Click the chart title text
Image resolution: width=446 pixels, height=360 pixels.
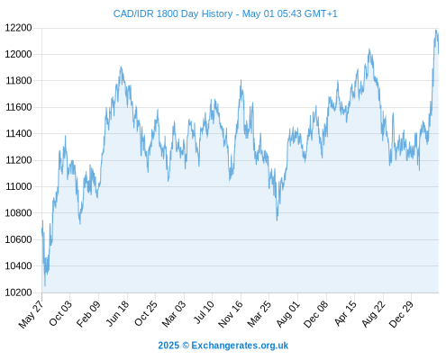[x=225, y=13]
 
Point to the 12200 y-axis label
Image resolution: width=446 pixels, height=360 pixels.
[x=19, y=28]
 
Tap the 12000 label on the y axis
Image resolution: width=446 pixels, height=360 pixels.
[x=19, y=54]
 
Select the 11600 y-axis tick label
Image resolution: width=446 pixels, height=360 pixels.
[x=19, y=107]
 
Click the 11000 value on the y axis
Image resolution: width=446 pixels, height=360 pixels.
[x=19, y=186]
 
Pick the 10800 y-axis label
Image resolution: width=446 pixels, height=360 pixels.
[x=19, y=213]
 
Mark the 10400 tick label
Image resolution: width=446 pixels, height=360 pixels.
[x=19, y=265]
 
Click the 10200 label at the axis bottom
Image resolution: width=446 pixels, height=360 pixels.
[x=19, y=292]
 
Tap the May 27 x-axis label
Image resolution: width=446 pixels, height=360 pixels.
[x=32, y=314]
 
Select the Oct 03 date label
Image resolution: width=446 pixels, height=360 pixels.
[x=60, y=313]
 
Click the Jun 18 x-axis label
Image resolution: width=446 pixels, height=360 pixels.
[x=117, y=313]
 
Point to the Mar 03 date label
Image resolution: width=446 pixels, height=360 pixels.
[x=174, y=314]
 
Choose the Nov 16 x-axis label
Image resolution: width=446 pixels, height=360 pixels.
[x=231, y=314]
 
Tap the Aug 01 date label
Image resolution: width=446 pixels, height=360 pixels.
[x=288, y=314]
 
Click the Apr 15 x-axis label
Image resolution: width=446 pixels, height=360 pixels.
[x=345, y=313]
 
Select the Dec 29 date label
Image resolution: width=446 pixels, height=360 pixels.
[x=401, y=314]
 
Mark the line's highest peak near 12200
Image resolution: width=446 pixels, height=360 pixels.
[x=436, y=31]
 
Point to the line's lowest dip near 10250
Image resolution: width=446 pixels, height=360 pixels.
[x=45, y=285]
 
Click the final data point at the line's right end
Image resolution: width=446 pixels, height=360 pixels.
[x=439, y=53]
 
